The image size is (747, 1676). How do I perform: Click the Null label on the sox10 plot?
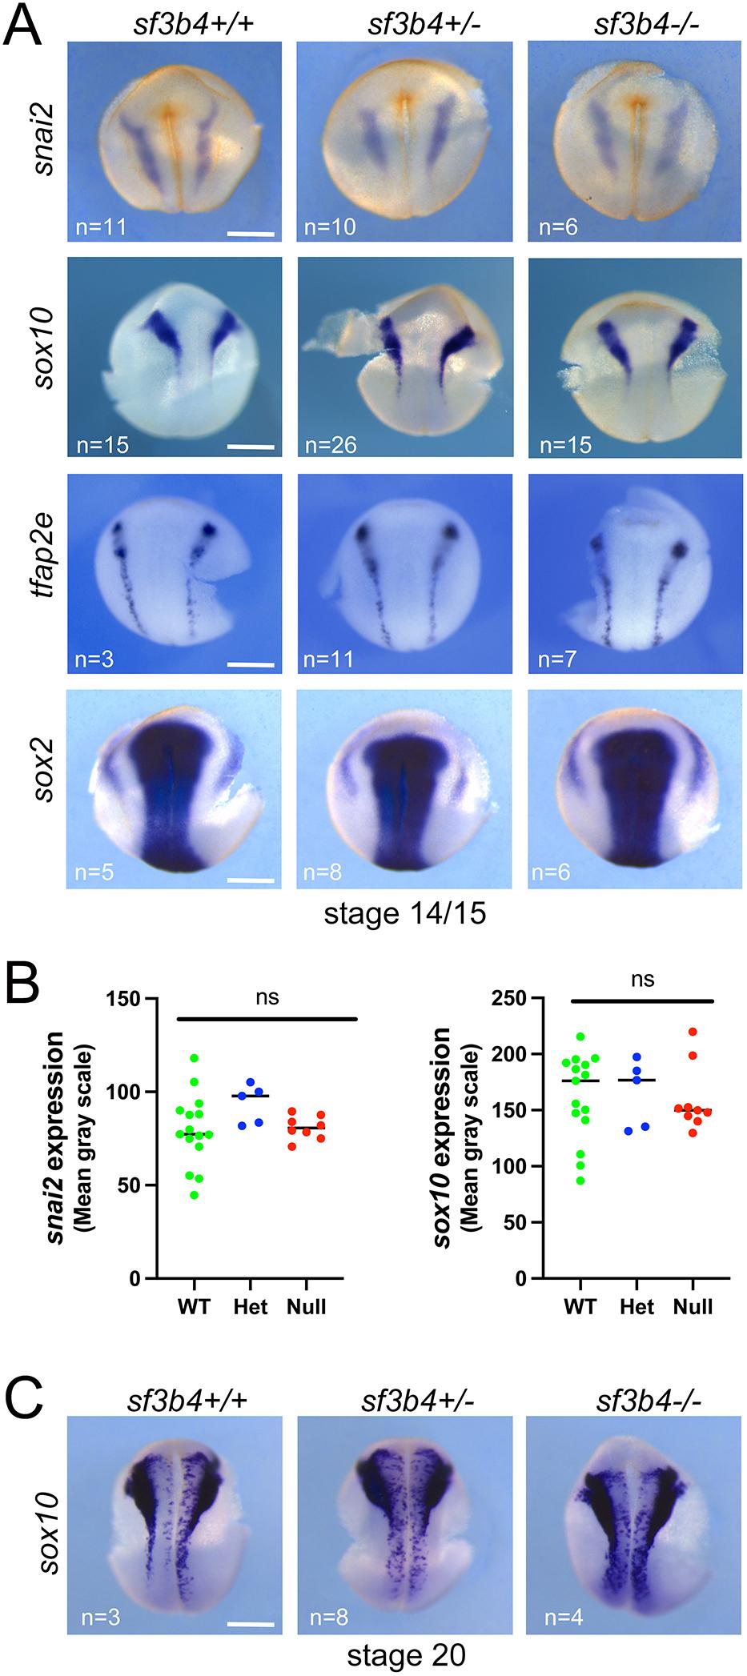click(x=693, y=1306)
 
